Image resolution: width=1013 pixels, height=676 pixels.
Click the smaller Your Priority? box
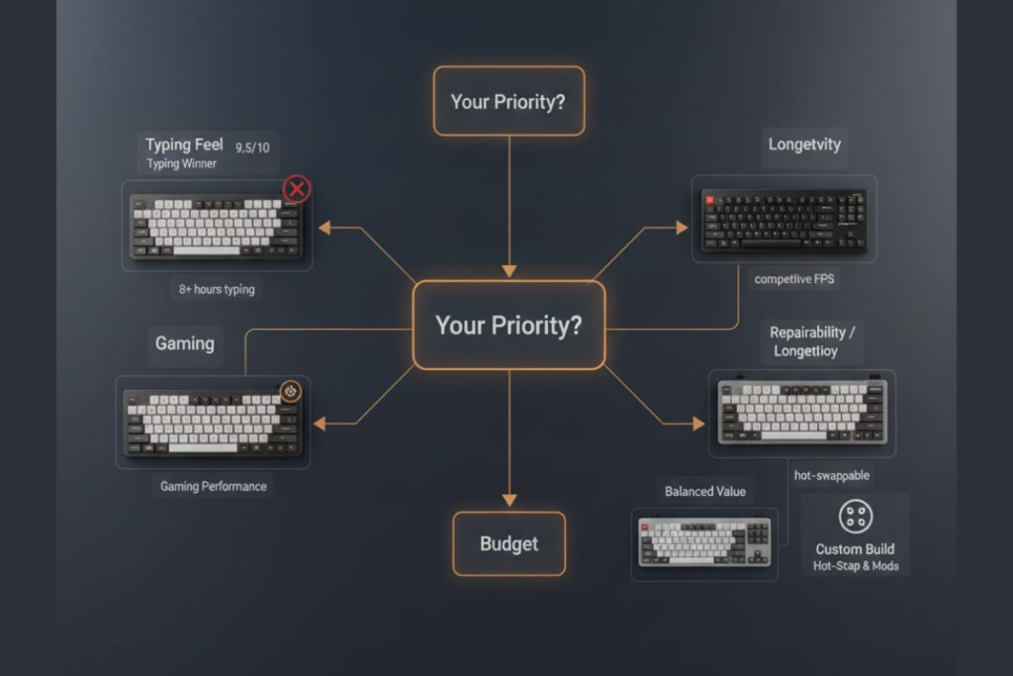508,101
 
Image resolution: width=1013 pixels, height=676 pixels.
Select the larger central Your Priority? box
508,326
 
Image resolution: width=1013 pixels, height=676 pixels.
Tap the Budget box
508,543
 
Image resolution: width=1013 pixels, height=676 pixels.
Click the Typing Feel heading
184,145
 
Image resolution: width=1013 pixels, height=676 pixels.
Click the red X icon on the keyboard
297,189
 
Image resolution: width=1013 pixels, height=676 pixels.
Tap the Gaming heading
184,343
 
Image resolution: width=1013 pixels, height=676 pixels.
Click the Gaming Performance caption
214,487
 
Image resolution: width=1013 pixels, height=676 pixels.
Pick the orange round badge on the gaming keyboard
291,391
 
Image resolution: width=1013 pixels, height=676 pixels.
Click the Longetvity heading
804,145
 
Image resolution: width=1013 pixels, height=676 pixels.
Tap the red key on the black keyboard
709,199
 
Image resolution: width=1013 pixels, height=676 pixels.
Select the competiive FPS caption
794,279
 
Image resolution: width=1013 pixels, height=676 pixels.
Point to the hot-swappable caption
832,475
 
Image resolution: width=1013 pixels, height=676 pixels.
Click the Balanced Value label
705,492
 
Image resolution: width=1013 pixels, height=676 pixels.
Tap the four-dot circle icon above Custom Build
854,516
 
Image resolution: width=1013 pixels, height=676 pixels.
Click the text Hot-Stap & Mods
855,567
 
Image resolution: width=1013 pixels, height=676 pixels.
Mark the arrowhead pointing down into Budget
508,500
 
